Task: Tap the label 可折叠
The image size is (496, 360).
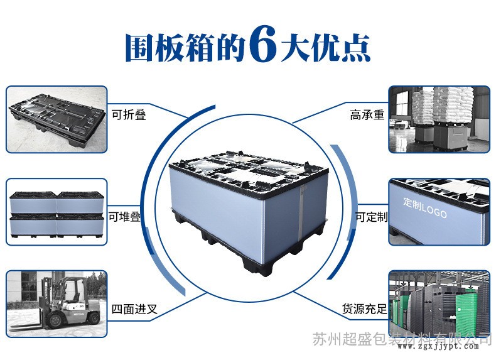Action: click(x=129, y=114)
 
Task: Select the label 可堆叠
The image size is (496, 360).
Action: click(x=125, y=217)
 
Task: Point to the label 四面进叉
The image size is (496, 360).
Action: click(x=134, y=308)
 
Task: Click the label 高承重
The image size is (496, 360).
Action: click(x=367, y=114)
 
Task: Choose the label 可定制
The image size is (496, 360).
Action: click(x=372, y=217)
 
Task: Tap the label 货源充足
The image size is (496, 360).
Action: click(x=364, y=308)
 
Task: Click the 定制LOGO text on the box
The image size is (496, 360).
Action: click(x=425, y=208)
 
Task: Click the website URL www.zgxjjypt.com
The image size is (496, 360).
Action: click(x=438, y=347)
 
